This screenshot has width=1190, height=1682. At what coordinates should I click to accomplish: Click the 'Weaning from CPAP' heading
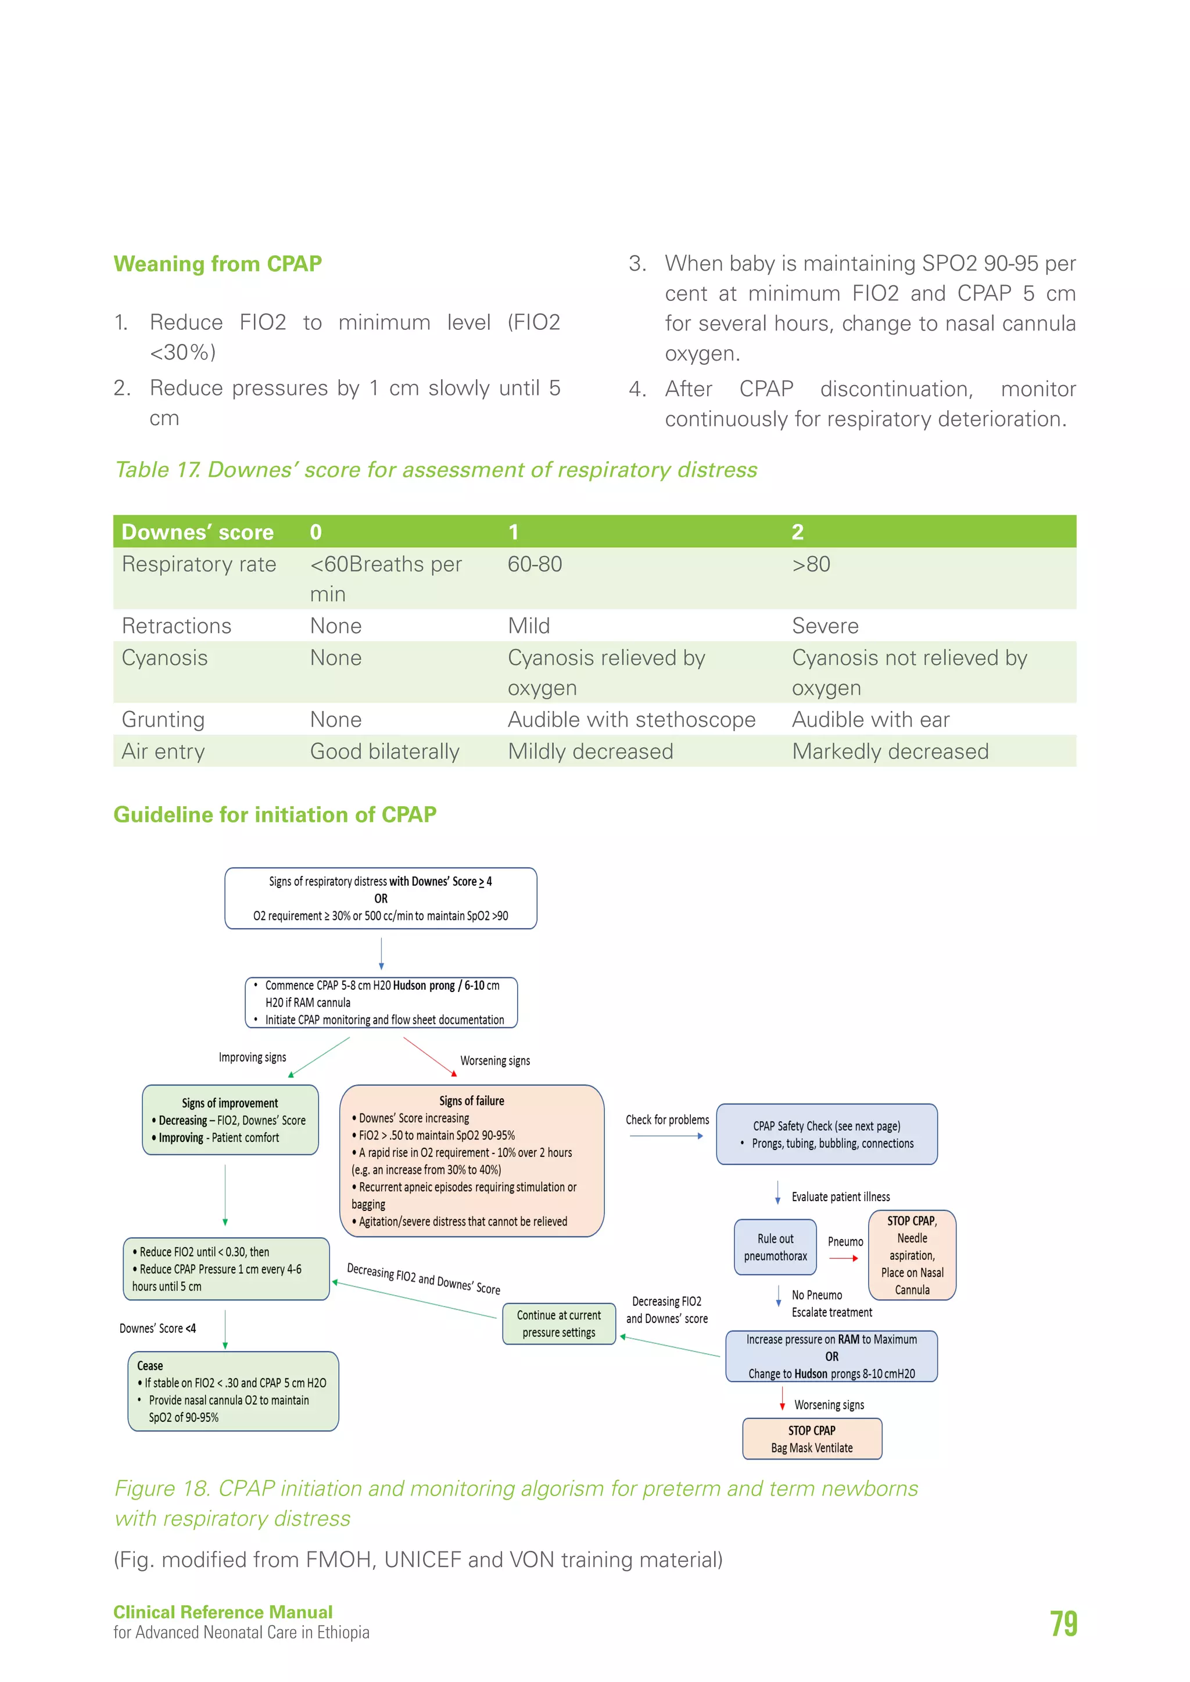[218, 264]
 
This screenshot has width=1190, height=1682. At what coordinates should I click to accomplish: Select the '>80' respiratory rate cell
[811, 564]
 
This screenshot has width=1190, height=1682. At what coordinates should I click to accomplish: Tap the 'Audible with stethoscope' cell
[631, 720]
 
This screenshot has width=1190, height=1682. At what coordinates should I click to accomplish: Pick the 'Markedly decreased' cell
[890, 752]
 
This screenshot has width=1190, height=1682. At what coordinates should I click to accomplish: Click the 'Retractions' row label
[177, 626]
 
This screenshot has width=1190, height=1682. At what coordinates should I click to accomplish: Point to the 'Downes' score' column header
[197, 532]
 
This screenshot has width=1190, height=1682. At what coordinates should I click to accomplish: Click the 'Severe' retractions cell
[825, 626]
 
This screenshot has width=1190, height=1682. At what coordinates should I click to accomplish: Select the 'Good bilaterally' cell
[385, 752]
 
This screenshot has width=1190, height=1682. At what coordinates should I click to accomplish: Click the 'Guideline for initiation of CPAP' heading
[275, 815]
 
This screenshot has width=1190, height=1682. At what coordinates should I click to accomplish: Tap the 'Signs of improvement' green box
[230, 1119]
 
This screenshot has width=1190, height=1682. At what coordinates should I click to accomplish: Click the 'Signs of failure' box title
[471, 1101]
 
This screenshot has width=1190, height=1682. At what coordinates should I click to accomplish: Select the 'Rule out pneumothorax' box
[775, 1247]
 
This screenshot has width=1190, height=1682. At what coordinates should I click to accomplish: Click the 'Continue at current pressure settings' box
[558, 1324]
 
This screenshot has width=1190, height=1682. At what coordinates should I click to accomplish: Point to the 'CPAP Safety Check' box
[827, 1134]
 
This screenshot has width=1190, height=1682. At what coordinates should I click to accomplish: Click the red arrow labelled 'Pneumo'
[844, 1258]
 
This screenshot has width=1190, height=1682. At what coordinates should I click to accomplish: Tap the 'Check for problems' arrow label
[667, 1120]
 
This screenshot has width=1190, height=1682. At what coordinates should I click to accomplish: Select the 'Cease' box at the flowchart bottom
[232, 1391]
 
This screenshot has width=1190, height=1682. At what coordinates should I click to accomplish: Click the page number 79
[1063, 1623]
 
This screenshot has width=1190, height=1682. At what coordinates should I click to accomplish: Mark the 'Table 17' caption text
[435, 470]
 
